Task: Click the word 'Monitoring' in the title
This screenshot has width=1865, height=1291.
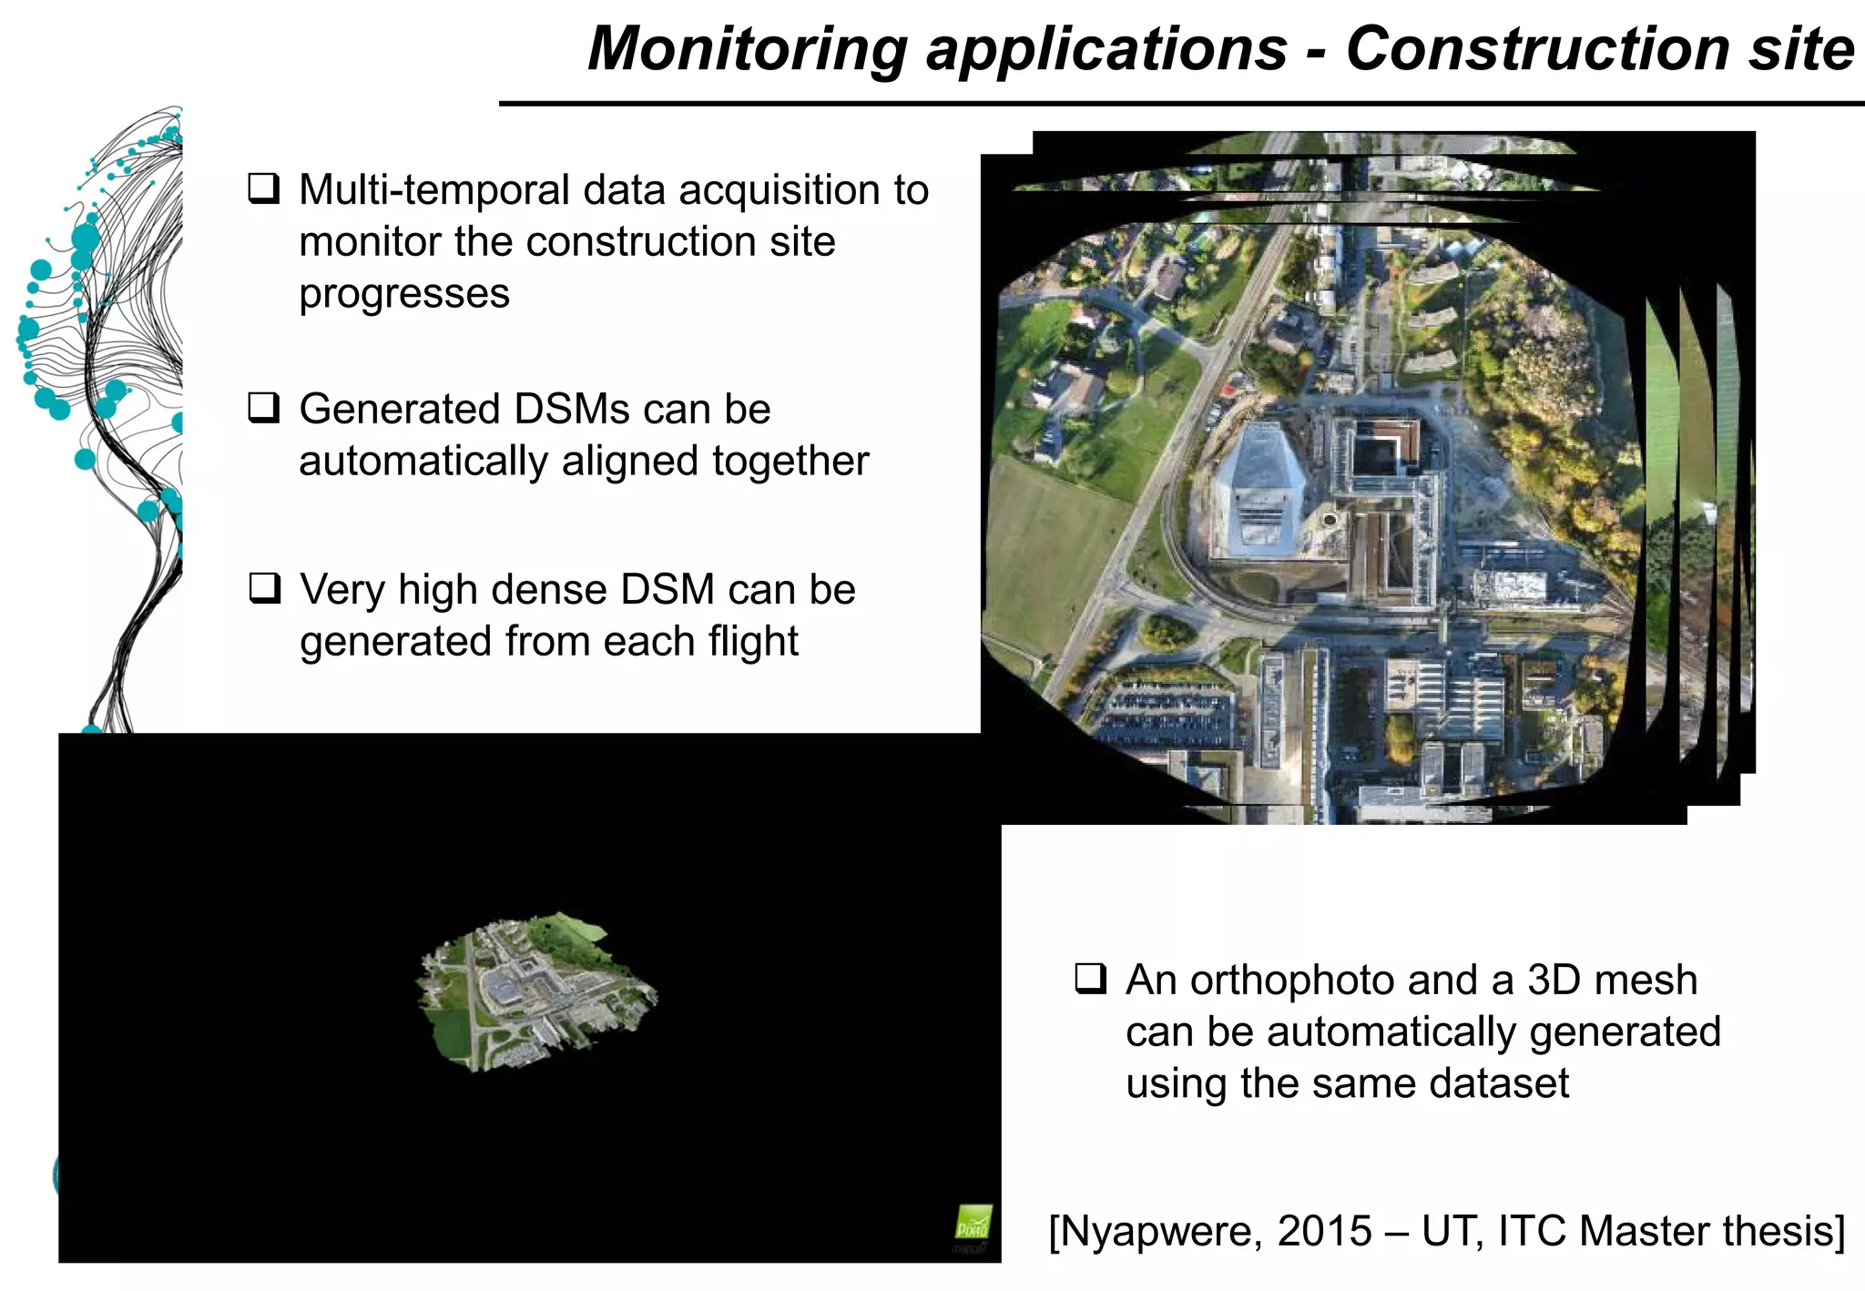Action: [x=747, y=49]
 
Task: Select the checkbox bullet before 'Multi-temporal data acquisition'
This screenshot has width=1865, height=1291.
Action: [x=264, y=188]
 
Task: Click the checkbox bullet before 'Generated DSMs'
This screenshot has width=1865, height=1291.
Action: [x=264, y=407]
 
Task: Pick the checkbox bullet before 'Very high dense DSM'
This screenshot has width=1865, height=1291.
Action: [x=264, y=587]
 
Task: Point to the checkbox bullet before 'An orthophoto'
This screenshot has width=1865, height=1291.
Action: [x=1090, y=979]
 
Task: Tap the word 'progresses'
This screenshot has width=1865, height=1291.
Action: [x=403, y=294]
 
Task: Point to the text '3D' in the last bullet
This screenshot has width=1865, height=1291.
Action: [x=1554, y=981]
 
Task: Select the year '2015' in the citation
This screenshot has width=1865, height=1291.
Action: [x=1324, y=1232]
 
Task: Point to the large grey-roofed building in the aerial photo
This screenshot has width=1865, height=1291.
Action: [x=1258, y=492]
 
